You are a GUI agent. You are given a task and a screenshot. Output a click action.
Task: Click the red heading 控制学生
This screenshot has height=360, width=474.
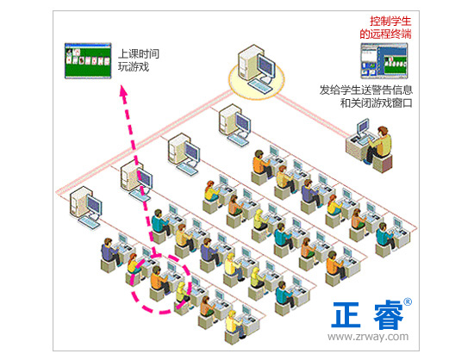390,22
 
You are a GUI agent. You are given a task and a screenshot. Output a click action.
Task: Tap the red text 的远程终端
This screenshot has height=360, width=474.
385,34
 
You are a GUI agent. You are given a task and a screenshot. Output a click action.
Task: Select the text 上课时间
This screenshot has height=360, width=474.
139,54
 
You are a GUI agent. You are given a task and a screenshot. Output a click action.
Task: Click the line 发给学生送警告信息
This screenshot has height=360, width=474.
366,90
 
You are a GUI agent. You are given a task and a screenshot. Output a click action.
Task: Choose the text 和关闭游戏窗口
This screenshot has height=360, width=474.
377,103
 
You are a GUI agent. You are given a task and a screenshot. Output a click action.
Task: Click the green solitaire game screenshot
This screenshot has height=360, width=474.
88,60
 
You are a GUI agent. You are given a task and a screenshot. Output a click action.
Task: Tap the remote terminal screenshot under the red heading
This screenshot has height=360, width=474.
384,60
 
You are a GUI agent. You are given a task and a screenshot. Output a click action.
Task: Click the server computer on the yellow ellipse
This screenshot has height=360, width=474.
257,69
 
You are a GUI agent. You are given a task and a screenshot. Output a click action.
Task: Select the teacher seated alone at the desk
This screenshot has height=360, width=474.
378,145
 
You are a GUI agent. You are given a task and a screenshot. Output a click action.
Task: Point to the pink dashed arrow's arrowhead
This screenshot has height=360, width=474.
123,91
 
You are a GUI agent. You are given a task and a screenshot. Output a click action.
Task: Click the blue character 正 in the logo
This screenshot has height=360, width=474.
346,315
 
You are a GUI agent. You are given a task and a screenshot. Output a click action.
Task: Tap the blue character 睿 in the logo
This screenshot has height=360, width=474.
389,315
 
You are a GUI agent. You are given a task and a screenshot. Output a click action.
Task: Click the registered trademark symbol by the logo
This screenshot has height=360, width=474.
408,301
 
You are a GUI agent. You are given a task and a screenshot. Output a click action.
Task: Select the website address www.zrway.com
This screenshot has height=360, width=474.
368,336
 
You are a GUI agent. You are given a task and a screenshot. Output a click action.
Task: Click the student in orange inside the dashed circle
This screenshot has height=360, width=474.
158,279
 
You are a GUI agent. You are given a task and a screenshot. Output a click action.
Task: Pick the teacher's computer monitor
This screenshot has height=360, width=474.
363,127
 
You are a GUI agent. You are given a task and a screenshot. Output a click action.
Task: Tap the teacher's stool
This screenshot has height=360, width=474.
383,163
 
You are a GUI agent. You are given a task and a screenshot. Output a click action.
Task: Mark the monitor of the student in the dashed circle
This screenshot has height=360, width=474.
172,268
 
